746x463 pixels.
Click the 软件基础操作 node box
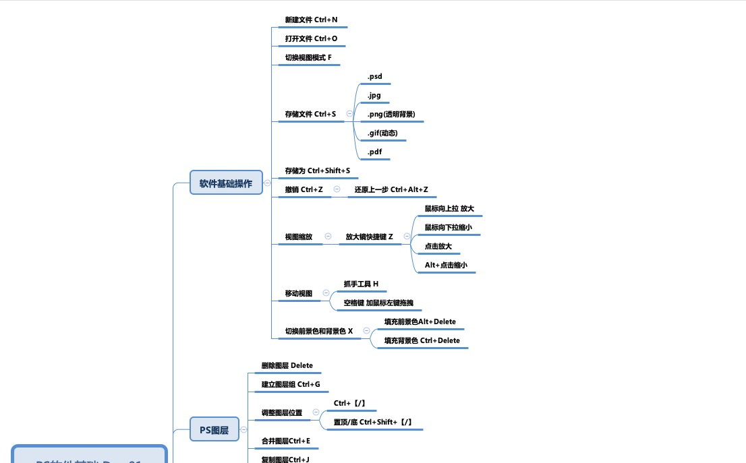(x=226, y=183)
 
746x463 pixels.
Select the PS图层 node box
(x=214, y=429)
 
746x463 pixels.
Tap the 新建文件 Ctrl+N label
(x=311, y=20)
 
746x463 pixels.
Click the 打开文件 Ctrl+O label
(x=311, y=38)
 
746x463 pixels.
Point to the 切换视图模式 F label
(x=308, y=57)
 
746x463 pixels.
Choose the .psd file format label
(x=374, y=76)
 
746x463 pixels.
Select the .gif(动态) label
(x=382, y=133)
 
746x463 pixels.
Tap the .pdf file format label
(x=374, y=152)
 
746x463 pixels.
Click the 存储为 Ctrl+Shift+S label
(x=317, y=171)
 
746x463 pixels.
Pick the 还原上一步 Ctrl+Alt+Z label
(x=391, y=189)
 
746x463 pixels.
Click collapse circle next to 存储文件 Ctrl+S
(x=349, y=114)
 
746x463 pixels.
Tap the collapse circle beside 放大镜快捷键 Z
(x=407, y=237)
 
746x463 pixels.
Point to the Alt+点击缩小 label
(x=446, y=265)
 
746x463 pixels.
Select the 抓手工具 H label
(x=361, y=284)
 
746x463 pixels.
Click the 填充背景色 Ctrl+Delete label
(x=422, y=340)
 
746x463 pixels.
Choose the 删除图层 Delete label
(x=287, y=365)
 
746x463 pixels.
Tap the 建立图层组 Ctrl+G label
(x=291, y=384)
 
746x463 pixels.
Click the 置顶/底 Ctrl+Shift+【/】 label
(x=373, y=422)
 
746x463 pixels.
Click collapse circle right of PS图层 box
(x=243, y=429)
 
